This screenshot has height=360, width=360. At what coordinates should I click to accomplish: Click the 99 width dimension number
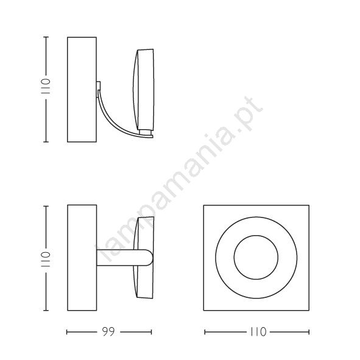108,332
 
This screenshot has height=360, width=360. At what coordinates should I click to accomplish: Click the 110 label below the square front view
258,332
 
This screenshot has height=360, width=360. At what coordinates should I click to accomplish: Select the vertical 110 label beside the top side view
45,86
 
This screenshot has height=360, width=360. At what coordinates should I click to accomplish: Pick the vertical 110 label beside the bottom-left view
45,259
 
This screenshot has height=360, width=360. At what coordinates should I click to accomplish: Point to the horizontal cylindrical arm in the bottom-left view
124,258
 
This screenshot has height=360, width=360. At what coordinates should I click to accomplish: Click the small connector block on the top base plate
99,85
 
